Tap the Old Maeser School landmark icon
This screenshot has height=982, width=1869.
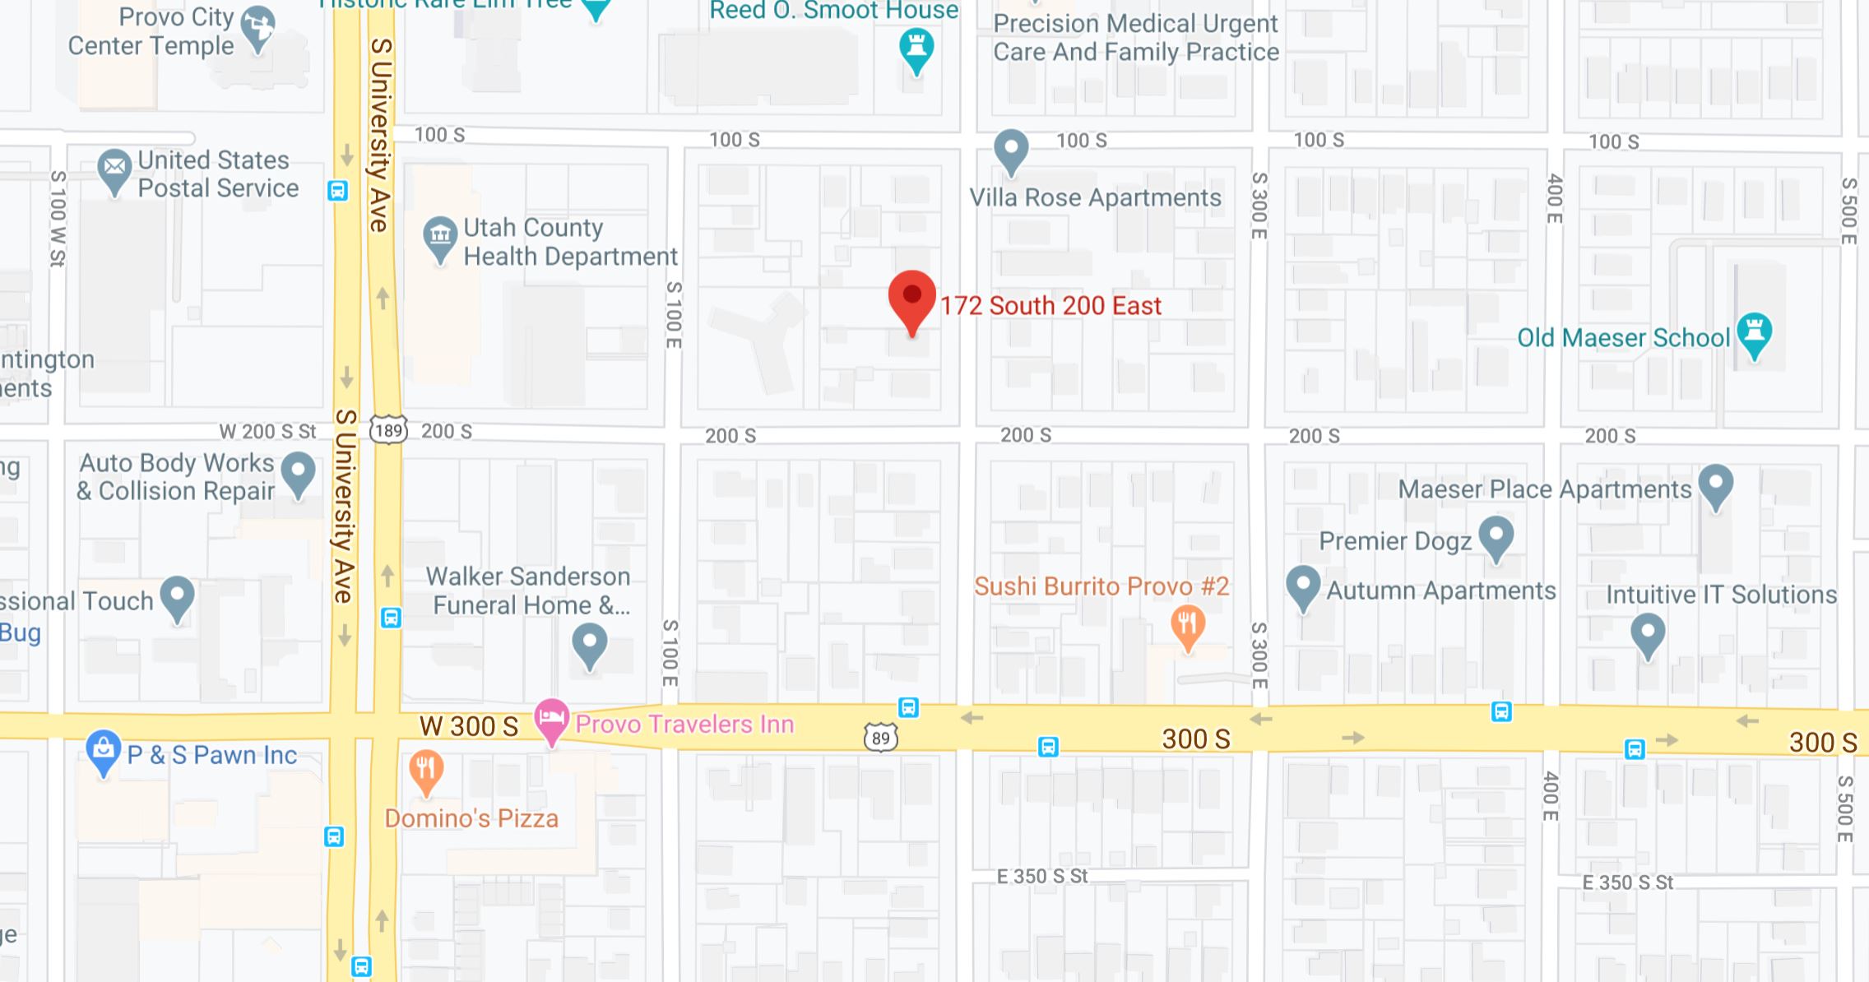click(1754, 333)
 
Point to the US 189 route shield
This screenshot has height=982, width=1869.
click(388, 430)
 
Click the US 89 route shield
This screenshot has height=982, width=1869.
click(880, 738)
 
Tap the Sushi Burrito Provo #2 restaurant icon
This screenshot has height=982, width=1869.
click(1187, 626)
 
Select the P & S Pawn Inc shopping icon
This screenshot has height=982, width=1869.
click(103, 751)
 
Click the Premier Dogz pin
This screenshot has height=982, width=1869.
click(1496, 537)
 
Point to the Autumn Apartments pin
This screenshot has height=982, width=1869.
click(1302, 586)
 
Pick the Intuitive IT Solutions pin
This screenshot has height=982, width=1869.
click(1647, 636)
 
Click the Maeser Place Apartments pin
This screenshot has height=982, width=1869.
click(1716, 485)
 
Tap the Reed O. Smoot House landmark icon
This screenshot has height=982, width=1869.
click(916, 49)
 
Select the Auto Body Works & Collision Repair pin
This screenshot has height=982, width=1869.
click(298, 473)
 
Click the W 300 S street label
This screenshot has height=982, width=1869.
click(469, 726)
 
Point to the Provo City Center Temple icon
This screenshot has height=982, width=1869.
click(258, 26)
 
